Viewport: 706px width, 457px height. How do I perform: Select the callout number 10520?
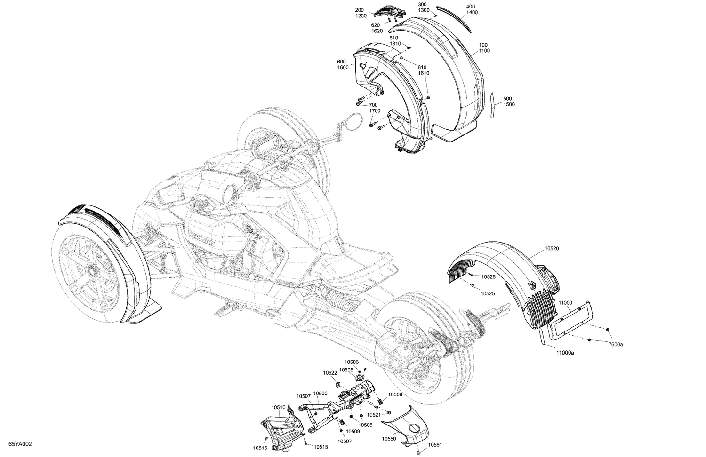pyautogui.click(x=553, y=248)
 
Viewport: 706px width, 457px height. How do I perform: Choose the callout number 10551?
pyautogui.click(x=436, y=445)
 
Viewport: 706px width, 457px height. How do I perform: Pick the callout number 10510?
pyautogui.click(x=279, y=407)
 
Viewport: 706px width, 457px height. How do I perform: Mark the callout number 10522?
pyautogui.click(x=330, y=373)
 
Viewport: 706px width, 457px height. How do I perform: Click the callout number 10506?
pyautogui.click(x=352, y=362)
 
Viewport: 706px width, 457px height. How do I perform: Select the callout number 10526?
pyautogui.click(x=488, y=277)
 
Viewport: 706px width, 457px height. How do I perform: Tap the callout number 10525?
pyautogui.click(x=488, y=293)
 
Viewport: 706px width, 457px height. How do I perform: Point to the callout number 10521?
pyautogui.click(x=374, y=415)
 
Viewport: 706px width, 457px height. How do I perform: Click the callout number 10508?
pyautogui.click(x=365, y=425)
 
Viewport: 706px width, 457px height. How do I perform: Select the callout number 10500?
pyautogui.click(x=320, y=393)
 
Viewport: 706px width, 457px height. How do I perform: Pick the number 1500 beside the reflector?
pyautogui.click(x=509, y=104)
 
